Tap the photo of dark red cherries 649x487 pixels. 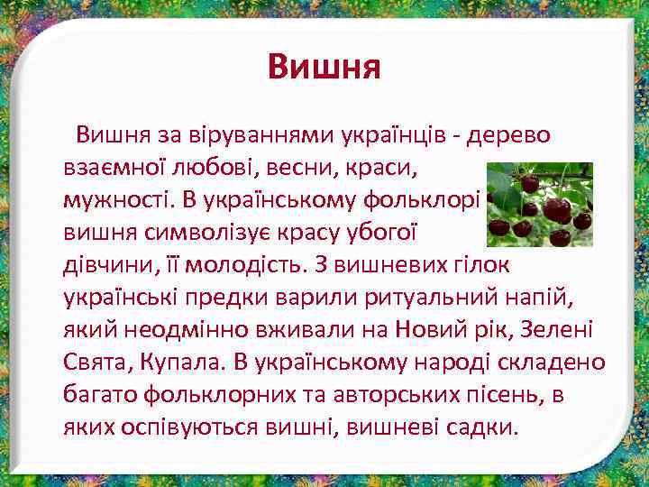point(539,205)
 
